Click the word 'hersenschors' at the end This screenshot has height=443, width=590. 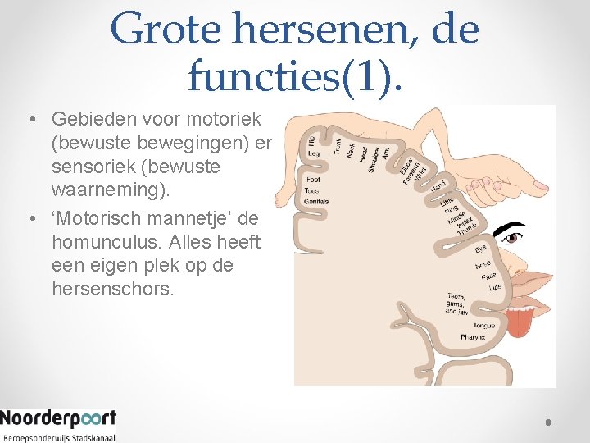coord(112,290)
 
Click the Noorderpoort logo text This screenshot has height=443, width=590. coord(58,418)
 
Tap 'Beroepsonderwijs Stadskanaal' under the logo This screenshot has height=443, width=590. coord(58,437)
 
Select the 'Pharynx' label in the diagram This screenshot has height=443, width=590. coord(473,337)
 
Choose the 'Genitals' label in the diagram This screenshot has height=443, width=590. coord(316,201)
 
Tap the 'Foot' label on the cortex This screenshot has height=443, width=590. coord(312,180)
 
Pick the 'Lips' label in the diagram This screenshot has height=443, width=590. coord(494,288)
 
